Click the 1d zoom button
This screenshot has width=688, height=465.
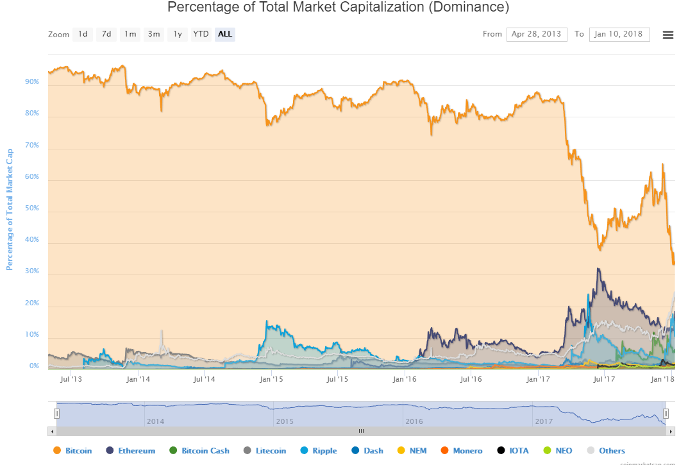click(x=83, y=34)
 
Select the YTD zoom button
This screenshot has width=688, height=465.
click(x=201, y=34)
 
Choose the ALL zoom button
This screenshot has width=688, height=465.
click(x=225, y=34)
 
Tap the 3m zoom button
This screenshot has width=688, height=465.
click(x=154, y=34)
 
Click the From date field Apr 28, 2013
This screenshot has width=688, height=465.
click(x=537, y=34)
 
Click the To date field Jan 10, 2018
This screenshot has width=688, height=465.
click(x=619, y=34)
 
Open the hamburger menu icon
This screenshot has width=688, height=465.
click(x=667, y=35)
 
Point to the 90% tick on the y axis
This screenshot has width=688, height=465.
click(x=32, y=82)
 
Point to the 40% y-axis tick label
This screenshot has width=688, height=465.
click(x=32, y=240)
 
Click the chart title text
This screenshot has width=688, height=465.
click(x=338, y=8)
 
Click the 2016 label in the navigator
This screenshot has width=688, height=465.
click(x=414, y=421)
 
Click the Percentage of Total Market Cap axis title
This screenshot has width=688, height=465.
click(x=10, y=209)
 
